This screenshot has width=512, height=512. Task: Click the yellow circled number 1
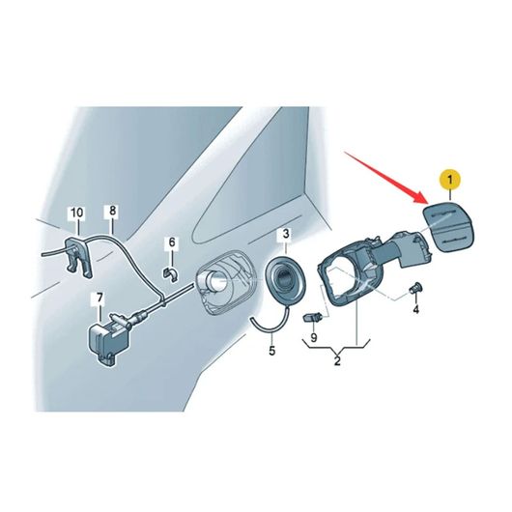click(x=450, y=180)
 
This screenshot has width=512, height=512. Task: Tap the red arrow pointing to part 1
click(x=387, y=177)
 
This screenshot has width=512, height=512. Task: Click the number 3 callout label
click(x=286, y=234)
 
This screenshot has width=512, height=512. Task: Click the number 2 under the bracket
click(x=337, y=361)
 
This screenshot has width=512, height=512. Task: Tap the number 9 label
click(x=313, y=337)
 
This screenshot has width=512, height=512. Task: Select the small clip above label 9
click(x=313, y=318)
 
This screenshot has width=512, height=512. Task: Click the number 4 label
click(x=415, y=309)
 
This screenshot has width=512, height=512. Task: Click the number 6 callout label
click(x=172, y=242)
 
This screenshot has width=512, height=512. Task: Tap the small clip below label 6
click(x=170, y=273)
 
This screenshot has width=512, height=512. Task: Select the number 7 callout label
click(x=100, y=298)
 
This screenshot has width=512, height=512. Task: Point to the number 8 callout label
click(x=112, y=211)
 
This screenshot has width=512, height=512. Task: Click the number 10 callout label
click(x=77, y=213)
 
